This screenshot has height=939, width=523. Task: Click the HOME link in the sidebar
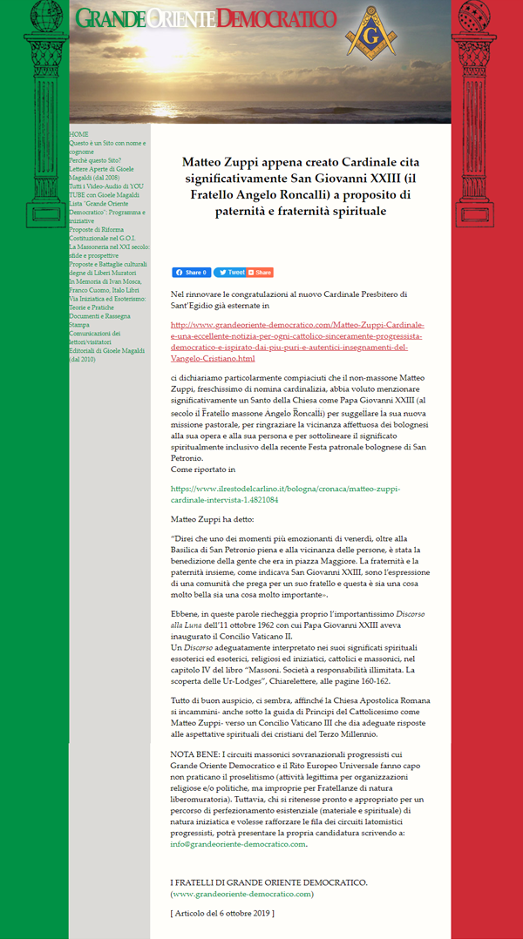pos(79,134)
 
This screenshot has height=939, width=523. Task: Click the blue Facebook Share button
pos(191,273)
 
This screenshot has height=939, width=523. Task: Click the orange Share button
pos(260,273)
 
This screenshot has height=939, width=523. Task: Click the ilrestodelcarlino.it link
pos(284,494)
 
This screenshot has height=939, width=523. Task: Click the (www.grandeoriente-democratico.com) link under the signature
pos(241,894)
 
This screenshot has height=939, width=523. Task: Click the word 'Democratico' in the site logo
pos(277,18)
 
